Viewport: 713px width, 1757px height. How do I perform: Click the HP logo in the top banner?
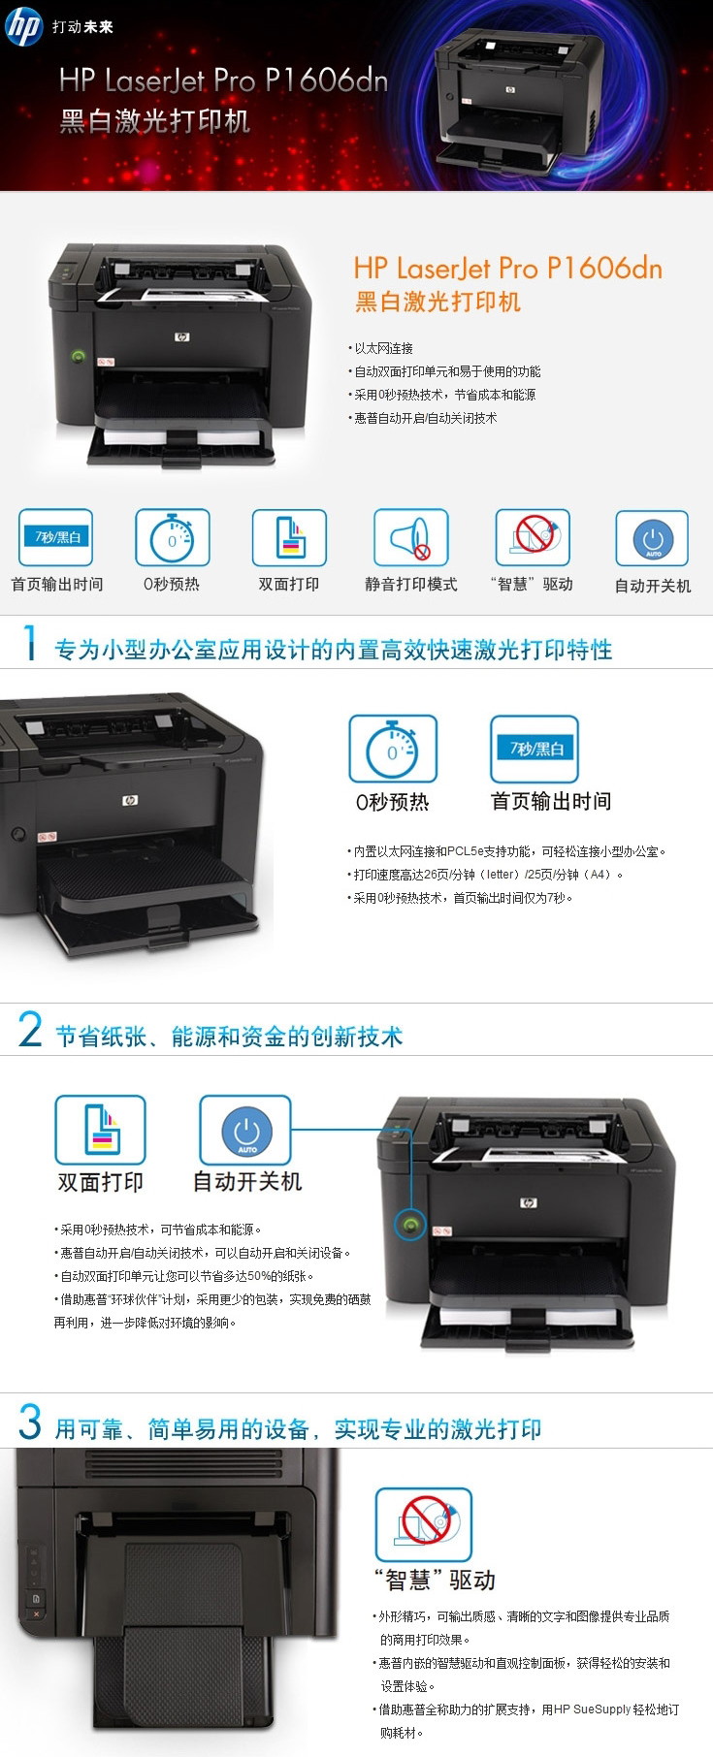(23, 26)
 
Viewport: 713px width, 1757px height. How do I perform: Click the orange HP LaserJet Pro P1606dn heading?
(507, 269)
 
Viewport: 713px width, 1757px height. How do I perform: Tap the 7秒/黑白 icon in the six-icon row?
(56, 537)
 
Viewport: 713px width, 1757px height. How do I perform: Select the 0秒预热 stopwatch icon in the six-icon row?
(173, 537)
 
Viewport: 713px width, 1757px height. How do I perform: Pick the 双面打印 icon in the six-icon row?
(289, 537)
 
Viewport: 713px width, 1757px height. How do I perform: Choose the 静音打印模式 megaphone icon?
(411, 537)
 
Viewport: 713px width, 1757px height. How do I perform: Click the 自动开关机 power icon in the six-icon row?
(652, 538)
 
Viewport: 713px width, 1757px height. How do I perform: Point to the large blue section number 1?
(30, 644)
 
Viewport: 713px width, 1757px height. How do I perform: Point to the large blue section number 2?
(30, 1030)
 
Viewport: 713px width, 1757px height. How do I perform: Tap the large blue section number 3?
(30, 1422)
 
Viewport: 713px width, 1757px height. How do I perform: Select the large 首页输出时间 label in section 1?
(551, 801)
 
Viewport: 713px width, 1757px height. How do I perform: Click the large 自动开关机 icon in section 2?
(245, 1131)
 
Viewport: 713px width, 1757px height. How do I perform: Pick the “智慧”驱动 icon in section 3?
(424, 1524)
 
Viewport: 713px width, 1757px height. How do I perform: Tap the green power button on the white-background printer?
(79, 356)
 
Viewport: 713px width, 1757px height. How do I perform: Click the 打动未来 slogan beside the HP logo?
(82, 27)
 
